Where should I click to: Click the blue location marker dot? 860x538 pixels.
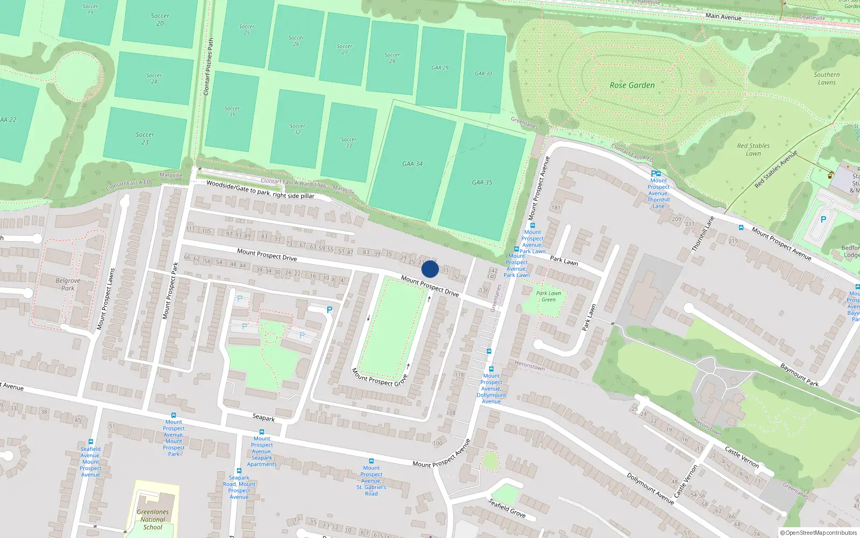430,269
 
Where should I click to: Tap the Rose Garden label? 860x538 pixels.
632,85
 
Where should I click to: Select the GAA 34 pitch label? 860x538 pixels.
412,164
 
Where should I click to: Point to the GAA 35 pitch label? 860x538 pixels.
482,182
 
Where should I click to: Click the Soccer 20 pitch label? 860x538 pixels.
160,19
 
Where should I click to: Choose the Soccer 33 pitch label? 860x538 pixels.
349,143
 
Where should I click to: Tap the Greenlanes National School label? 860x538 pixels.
153,520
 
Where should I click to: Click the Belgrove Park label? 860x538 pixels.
68,284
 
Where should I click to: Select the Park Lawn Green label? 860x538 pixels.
548,296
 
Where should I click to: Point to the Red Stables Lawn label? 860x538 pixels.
753,150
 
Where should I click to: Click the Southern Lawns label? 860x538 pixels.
827,79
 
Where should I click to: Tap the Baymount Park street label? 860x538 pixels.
799,375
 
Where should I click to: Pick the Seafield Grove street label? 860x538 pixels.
507,508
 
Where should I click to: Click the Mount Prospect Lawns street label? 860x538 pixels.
106,299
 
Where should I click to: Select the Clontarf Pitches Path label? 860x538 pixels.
209,67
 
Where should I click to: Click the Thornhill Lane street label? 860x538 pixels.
703,234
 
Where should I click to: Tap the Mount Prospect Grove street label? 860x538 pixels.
379,377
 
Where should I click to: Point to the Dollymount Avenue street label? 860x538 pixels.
650,489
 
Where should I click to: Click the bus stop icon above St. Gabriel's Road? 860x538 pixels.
371,461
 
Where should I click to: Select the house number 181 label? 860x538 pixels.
556,208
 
